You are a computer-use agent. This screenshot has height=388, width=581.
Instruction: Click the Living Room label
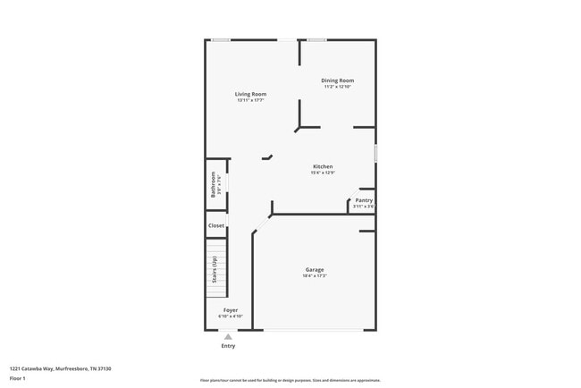coord(250,94)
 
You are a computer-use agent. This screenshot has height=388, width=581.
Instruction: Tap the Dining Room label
coord(338,80)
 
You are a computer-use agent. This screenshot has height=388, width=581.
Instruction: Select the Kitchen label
coord(323,166)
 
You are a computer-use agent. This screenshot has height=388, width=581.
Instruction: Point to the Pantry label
coord(364,200)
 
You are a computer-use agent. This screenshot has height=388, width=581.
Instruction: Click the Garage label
coord(315,269)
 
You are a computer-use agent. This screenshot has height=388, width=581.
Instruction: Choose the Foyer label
coord(231,310)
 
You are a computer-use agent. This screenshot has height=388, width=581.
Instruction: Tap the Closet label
coord(216,225)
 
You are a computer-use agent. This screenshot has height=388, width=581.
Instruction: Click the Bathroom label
coord(214,184)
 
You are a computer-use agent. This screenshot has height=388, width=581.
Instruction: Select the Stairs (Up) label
coord(215,270)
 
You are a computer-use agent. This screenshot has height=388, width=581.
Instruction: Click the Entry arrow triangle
coord(228,336)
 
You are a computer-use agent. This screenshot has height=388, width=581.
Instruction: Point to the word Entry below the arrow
coord(228,346)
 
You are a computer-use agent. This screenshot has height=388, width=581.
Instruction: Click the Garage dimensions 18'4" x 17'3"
coord(315,275)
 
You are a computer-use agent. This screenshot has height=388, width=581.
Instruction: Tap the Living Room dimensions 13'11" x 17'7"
coord(250,100)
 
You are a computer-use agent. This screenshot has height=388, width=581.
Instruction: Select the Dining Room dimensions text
coord(338,87)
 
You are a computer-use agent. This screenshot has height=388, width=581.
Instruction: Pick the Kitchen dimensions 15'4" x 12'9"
coord(323,173)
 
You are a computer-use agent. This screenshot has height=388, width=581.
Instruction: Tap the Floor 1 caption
coord(18,378)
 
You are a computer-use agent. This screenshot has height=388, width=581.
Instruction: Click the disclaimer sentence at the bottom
coord(290,380)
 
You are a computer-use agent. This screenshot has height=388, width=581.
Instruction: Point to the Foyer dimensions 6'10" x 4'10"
coord(231,316)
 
